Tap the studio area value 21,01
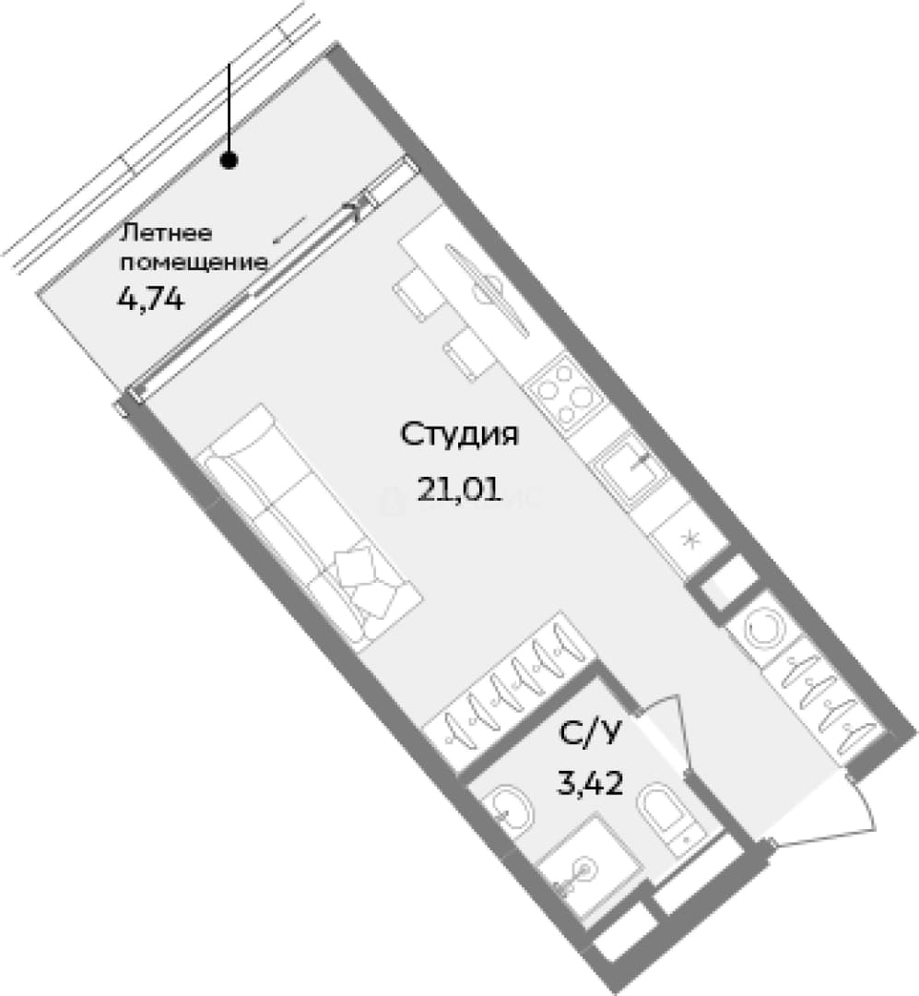(459, 489)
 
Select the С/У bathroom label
(589, 734)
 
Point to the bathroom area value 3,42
(589, 783)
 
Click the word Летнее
(166, 232)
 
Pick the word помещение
(193, 262)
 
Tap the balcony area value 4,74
(151, 298)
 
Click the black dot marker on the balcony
(229, 160)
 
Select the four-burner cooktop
(563, 395)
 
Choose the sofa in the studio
(312, 528)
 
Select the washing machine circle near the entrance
(763, 629)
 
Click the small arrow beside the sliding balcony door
(289, 229)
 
